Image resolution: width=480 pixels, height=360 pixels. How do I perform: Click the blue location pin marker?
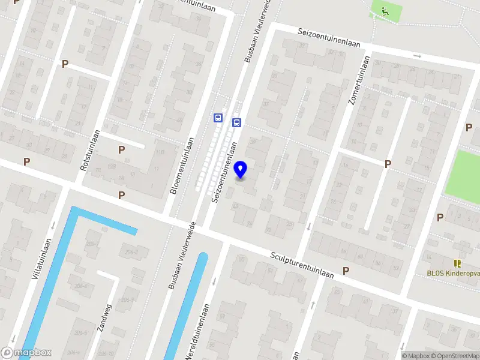pos(241,170)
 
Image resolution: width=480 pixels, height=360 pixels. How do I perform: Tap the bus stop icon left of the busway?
pos(217,118)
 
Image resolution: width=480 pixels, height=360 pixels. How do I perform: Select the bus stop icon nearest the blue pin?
pos(237,123)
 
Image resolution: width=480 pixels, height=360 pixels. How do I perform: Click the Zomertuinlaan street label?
pos(358,80)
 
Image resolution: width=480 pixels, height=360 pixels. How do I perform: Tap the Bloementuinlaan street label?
pos(181,165)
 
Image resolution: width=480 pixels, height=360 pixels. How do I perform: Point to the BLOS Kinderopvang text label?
pos(453,274)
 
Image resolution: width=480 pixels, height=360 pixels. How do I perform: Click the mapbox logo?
pos(27,353)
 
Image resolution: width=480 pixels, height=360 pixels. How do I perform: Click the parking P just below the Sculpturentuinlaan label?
pos(346,271)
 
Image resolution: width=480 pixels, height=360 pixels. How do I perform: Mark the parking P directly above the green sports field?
pos(469,127)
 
